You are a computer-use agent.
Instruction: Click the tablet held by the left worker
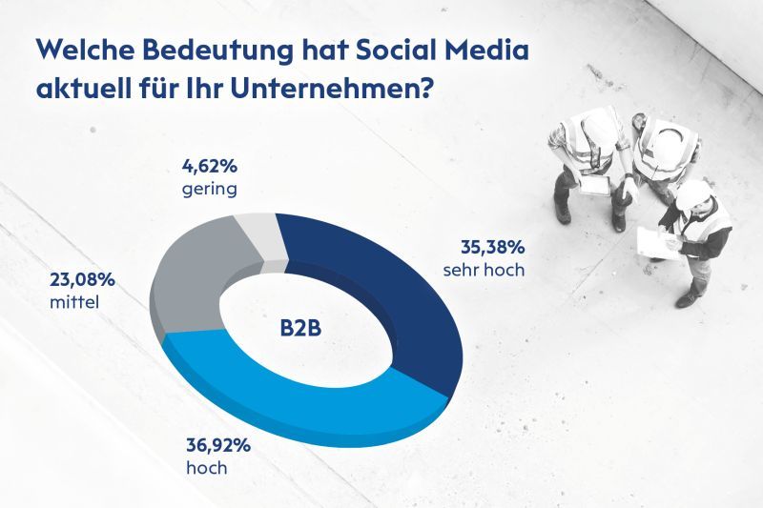595,187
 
